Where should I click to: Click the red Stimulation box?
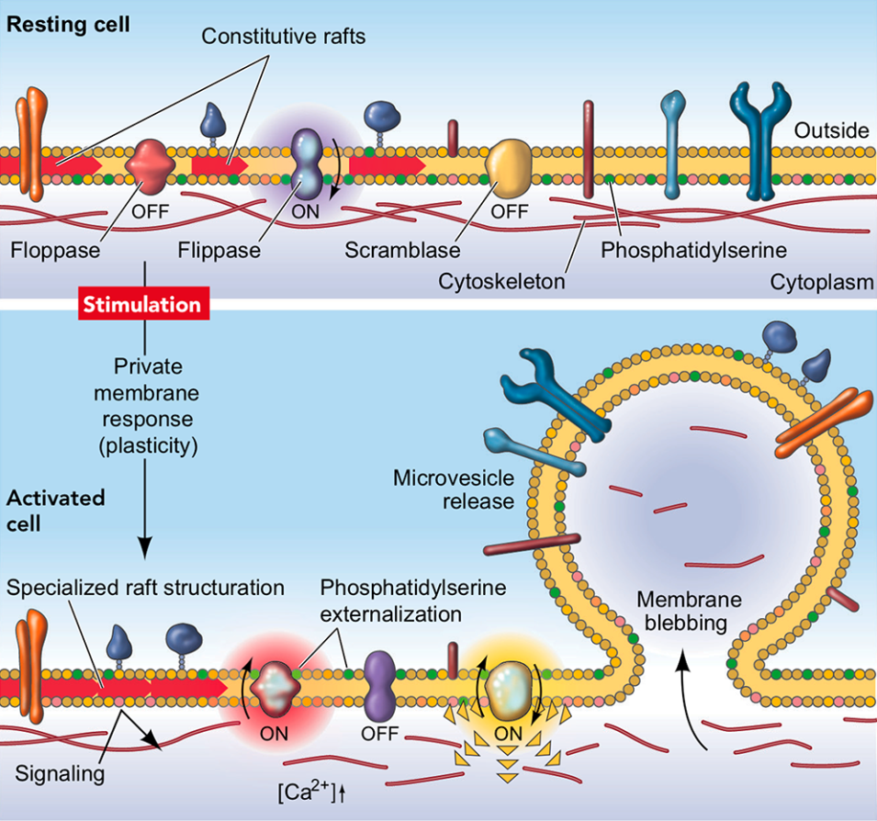coord(144,304)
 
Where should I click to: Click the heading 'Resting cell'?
coord(68,25)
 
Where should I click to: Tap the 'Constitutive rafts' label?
coord(284,37)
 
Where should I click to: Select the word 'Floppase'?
coord(55,250)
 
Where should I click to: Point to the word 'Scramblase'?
coord(402,250)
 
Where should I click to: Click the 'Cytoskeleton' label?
coord(501,281)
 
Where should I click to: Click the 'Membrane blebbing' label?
coord(689,612)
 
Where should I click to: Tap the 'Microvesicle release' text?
coord(454,489)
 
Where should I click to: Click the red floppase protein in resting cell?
coord(150,166)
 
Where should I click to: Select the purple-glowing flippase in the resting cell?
coord(307,164)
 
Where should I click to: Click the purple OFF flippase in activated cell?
coord(380,686)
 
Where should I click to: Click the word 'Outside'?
coord(832,130)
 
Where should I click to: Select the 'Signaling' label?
coord(60,773)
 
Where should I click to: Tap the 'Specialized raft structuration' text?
coord(145,588)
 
